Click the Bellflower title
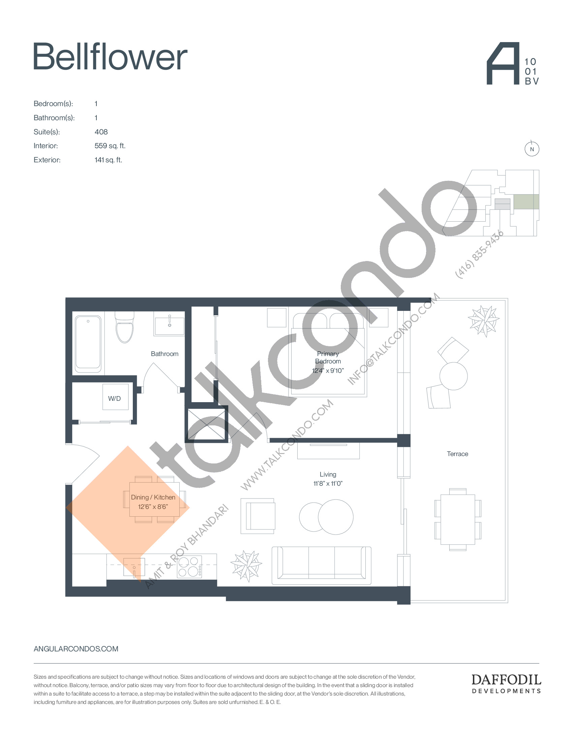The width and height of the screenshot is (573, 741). click(x=110, y=56)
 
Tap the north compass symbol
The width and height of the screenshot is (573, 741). click(x=532, y=149)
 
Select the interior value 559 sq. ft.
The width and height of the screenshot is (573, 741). click(x=110, y=146)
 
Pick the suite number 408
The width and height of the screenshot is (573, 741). click(x=101, y=132)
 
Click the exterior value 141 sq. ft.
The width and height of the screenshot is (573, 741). click(x=108, y=160)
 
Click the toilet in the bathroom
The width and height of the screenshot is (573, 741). click(x=125, y=327)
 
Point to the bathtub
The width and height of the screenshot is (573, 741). click(x=88, y=342)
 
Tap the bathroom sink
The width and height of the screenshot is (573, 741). click(x=170, y=326)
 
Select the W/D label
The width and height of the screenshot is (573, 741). click(x=114, y=398)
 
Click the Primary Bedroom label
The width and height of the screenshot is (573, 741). click(x=328, y=357)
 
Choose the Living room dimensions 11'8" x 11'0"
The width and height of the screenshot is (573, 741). click(x=328, y=483)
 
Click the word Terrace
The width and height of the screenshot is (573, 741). click(x=458, y=454)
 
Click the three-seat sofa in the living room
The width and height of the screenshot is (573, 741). click(x=322, y=565)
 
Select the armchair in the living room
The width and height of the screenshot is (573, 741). click(x=258, y=516)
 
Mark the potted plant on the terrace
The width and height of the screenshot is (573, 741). click(x=483, y=320)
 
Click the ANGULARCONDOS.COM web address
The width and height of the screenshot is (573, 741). click(x=76, y=649)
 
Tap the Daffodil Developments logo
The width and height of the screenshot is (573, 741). click(x=506, y=684)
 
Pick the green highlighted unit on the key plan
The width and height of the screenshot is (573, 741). click(x=526, y=201)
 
